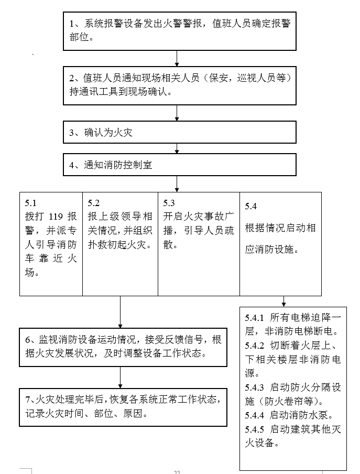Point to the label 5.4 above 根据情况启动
coord(251,206)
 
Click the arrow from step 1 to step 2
coord(177,58)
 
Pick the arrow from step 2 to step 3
coord(177,112)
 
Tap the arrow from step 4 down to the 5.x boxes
coord(177,184)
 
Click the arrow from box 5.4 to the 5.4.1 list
coord(284,301)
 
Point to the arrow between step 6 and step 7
coord(120,377)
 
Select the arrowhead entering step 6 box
coord(120,325)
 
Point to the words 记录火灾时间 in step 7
coord(53,413)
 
